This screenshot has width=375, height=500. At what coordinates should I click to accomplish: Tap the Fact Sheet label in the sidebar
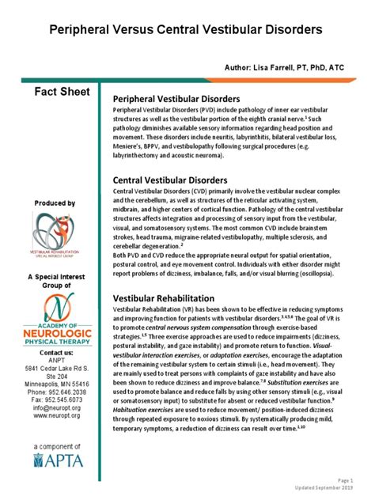pos(55,93)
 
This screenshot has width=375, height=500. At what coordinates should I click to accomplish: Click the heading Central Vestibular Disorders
pos(171,180)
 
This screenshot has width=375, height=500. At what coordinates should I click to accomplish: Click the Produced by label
pos(55,203)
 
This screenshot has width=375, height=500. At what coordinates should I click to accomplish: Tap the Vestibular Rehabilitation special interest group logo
pos(55,235)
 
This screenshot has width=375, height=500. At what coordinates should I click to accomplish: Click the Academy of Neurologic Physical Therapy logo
pos(55,319)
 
